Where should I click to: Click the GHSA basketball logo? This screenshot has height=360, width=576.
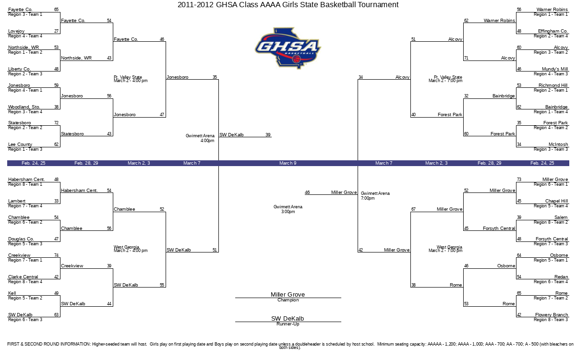[288, 48]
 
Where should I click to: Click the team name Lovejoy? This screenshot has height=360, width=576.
[16, 31]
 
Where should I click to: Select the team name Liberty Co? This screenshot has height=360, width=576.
[19, 69]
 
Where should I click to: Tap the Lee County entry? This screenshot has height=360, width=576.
[20, 144]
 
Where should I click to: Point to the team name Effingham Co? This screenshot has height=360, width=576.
[553, 31]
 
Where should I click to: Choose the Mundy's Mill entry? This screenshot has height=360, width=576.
[555, 69]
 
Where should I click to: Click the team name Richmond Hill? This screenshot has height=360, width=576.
[553, 85]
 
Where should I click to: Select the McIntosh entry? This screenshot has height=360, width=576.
[558, 144]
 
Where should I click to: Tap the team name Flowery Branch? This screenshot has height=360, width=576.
[552, 315]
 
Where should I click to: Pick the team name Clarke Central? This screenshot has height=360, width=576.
[23, 277]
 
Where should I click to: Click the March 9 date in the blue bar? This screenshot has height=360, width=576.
[288, 163]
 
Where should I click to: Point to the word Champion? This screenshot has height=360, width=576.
[288, 300]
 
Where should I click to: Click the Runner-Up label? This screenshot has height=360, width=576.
[288, 324]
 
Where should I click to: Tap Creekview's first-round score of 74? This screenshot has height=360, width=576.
[56, 255]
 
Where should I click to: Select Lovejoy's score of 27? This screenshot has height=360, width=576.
[56, 31]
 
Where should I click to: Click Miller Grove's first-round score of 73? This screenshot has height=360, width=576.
[519, 180]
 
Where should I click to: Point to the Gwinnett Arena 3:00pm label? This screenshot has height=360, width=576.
[288, 209]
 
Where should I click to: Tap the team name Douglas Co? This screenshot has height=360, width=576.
[21, 239]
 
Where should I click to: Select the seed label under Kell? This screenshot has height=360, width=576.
[25, 298]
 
